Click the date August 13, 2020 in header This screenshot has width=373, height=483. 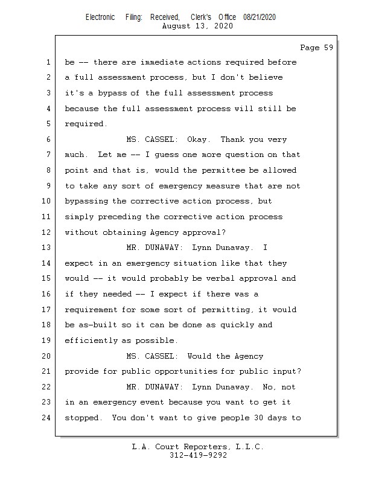(x=198, y=26)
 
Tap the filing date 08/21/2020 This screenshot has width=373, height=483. (x=260, y=18)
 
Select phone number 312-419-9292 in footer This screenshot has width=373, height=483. (x=198, y=455)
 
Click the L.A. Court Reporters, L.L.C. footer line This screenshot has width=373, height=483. (x=198, y=447)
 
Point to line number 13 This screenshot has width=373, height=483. (x=47, y=248)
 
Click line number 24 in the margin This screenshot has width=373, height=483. (x=47, y=418)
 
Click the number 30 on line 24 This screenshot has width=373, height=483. (x=250, y=418)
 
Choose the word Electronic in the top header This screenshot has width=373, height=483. (x=100, y=18)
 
